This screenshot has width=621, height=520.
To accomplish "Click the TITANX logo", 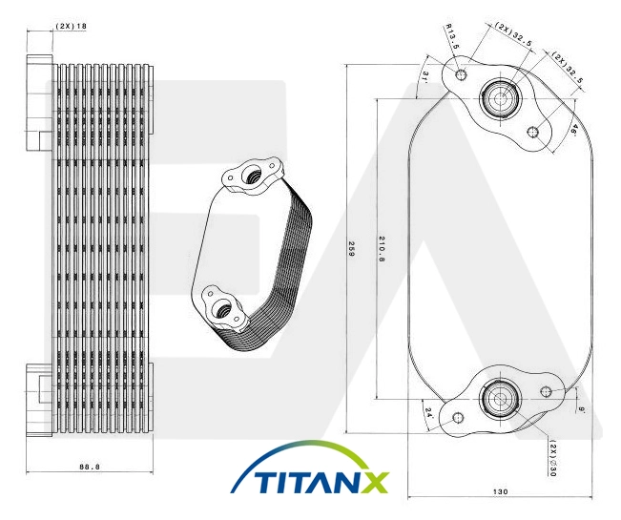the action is tap(310, 468).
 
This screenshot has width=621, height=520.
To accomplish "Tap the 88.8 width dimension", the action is tap(90, 467).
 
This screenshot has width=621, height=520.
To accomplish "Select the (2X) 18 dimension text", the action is tap(71, 26).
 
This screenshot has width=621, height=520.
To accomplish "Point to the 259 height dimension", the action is tap(350, 248).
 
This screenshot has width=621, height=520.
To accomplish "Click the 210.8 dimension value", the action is tap(382, 249).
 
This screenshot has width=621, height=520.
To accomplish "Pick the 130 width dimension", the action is tap(500, 491).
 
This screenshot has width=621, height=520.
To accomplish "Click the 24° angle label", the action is tap(428, 413).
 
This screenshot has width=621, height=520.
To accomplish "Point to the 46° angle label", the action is tap(574, 130).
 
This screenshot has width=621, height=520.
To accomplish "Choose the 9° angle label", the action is tap(582, 410).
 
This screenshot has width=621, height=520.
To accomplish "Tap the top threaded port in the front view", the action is tap(500, 98).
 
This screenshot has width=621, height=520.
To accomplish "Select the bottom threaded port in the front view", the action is tap(500, 399).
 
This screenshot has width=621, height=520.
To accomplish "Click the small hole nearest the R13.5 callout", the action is tap(461, 74).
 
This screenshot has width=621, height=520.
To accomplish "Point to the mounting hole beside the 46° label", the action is tap(534, 132).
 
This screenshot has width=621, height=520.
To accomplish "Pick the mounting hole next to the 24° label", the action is tap(458, 418).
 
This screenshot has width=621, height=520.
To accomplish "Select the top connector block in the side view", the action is tap(39, 103).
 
